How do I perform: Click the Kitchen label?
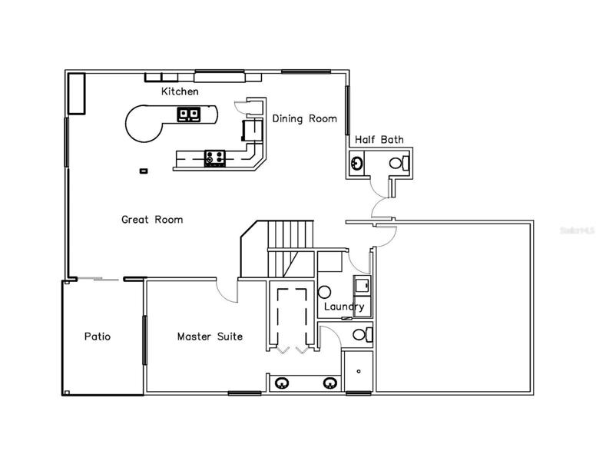(x=180, y=91)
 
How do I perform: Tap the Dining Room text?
(x=304, y=118)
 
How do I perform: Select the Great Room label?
(x=152, y=220)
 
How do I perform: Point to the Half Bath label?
(x=379, y=140)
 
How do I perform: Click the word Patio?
(x=98, y=337)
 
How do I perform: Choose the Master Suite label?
(x=210, y=337)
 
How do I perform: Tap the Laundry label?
(x=344, y=307)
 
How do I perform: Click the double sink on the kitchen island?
(x=188, y=114)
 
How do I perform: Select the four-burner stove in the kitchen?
(x=215, y=158)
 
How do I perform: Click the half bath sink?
(x=356, y=164)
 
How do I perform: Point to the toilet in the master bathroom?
(x=363, y=335)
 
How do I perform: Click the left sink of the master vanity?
(x=282, y=383)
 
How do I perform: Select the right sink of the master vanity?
(x=330, y=383)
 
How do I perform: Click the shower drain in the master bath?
(x=359, y=371)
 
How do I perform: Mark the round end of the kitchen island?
(x=142, y=124)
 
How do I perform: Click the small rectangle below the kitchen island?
(x=144, y=171)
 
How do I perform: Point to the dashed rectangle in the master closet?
(x=292, y=317)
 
